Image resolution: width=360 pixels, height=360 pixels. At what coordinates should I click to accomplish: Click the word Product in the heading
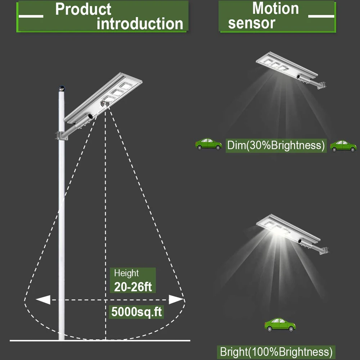(x=83, y=9)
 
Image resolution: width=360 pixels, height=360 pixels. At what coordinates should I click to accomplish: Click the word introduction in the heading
(x=140, y=24)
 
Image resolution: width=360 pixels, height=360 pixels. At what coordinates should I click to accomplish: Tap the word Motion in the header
(x=275, y=8)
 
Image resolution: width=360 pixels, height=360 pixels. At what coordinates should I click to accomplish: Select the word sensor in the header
(x=252, y=23)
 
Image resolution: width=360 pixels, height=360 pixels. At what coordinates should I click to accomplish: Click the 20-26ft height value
(x=133, y=287)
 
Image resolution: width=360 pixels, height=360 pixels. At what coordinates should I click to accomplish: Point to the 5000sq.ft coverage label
(x=136, y=312)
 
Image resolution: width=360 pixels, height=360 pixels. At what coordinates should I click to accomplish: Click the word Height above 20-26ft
(x=126, y=273)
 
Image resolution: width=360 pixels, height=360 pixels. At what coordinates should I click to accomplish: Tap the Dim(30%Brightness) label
(x=276, y=145)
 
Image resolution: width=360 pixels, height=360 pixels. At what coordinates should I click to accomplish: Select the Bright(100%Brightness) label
(x=276, y=352)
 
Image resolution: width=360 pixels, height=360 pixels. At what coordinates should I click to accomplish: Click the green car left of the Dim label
(x=208, y=144)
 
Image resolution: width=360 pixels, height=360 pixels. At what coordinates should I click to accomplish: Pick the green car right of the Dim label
(x=343, y=146)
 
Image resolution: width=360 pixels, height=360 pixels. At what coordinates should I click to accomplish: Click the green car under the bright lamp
(x=280, y=325)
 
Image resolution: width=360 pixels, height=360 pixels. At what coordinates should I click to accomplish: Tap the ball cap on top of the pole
(x=62, y=88)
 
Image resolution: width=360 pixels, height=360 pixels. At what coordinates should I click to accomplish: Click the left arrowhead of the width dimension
(x=43, y=300)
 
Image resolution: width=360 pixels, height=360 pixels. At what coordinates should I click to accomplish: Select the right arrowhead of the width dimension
(x=176, y=300)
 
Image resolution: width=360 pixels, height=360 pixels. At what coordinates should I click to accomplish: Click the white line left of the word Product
(x=31, y=16)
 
